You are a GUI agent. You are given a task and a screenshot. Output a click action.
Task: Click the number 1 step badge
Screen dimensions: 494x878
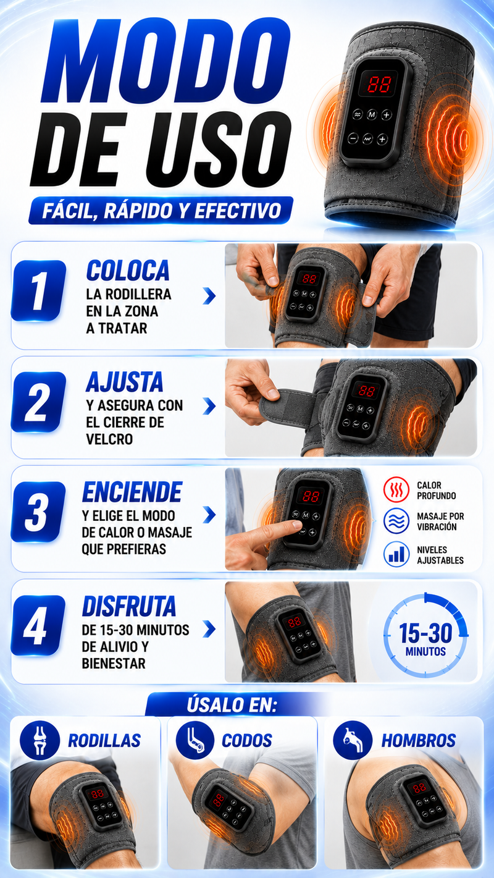[x=38, y=290]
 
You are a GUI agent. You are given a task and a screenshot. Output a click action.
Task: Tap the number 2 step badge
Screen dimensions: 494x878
[x=38, y=402]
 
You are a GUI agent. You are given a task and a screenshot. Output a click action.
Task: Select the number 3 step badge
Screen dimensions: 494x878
[x=38, y=512]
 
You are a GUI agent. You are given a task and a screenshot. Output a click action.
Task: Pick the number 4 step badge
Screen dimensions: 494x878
[x=38, y=625]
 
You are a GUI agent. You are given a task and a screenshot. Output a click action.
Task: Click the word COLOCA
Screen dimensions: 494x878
[x=128, y=271]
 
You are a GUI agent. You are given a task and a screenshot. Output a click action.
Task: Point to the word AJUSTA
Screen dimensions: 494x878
[x=125, y=382]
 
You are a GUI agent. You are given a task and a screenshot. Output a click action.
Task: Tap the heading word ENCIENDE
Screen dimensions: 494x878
[x=132, y=492]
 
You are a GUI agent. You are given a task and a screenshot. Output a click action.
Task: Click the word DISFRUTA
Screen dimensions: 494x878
[x=129, y=606]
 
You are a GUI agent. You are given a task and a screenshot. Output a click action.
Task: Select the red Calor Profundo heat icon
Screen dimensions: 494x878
[x=396, y=489]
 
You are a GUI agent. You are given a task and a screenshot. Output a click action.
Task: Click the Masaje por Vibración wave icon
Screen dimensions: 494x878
[x=396, y=521]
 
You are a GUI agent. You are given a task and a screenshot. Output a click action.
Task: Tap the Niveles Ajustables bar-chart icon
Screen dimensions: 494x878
[x=396, y=554]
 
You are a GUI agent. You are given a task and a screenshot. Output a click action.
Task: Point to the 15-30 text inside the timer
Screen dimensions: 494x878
[x=425, y=633]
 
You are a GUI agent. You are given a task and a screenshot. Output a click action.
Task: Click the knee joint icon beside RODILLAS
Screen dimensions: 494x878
[x=40, y=740]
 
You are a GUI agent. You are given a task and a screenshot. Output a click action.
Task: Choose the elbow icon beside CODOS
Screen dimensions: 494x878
[x=195, y=740]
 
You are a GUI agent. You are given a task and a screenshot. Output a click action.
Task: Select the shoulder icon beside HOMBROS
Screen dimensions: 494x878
[x=353, y=740]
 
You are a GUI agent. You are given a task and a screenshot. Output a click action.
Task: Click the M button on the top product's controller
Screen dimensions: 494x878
[x=371, y=115]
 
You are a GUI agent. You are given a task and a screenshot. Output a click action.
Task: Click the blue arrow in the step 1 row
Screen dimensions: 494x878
[x=209, y=297]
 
